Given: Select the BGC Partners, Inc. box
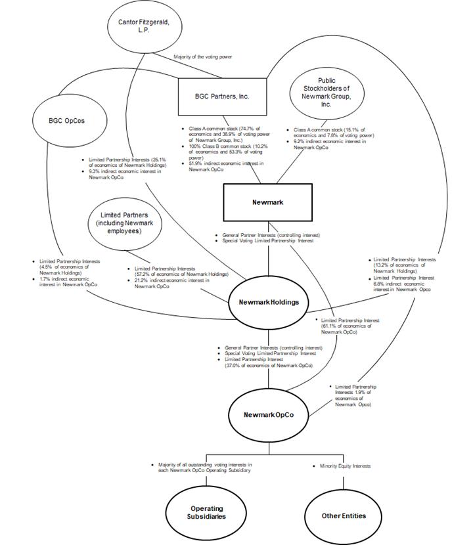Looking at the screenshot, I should click(223, 97).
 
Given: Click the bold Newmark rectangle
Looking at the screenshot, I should click(267, 202).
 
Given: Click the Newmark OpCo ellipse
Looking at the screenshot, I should click(268, 415).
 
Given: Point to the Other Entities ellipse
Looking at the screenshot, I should click(344, 515).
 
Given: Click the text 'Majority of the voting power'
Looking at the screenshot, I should click(203, 57).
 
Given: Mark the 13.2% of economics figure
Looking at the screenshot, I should click(382, 265).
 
